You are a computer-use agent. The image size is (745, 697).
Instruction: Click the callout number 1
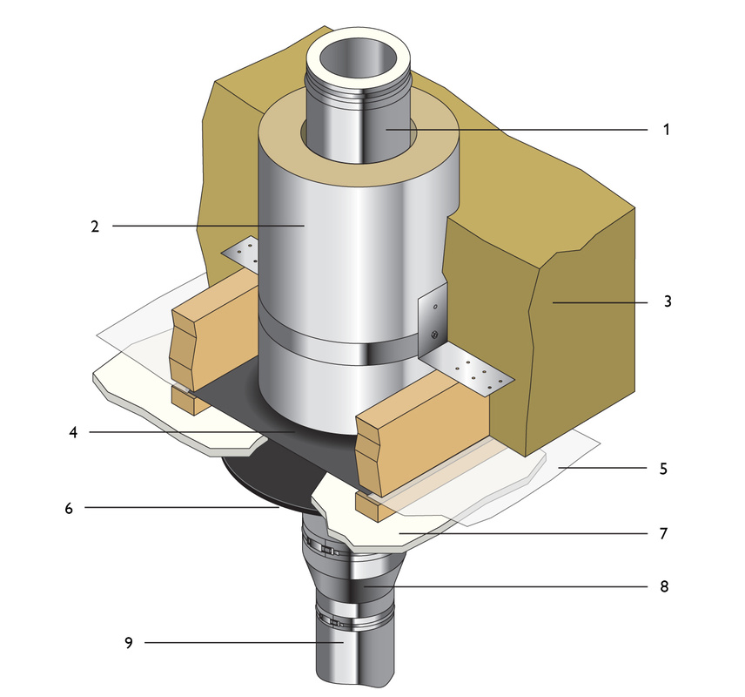pos(666,130)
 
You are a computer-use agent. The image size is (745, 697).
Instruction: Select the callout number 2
pos(94,227)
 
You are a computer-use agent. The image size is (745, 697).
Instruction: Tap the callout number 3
pos(666,303)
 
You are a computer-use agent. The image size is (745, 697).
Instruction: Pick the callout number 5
pos(663,468)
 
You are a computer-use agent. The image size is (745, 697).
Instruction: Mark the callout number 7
pos(664,531)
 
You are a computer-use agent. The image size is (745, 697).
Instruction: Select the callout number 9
pos(129,644)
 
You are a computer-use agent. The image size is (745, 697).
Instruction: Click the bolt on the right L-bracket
pos(433,334)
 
